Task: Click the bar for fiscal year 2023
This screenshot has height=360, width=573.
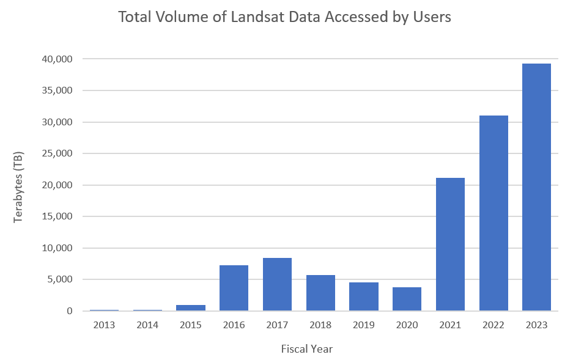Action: click(536, 187)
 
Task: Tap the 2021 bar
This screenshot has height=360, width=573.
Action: click(450, 244)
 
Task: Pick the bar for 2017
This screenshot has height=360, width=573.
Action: click(277, 284)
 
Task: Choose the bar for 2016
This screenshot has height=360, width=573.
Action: click(234, 288)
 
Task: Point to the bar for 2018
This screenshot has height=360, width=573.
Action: click(320, 293)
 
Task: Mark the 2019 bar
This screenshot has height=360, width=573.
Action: click(364, 296)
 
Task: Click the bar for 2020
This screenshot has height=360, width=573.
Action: click(407, 299)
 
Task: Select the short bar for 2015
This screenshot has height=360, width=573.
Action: click(191, 307)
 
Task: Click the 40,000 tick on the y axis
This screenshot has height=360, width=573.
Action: click(57, 59)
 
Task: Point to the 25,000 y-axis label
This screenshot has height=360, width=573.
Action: click(57, 153)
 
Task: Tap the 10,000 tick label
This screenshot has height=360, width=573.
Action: click(57, 248)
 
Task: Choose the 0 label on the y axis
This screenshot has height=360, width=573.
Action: click(69, 311)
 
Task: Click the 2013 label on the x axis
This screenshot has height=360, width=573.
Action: click(104, 325)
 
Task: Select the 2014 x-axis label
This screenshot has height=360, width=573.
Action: click(147, 325)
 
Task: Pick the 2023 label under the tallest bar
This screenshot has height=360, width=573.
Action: click(536, 325)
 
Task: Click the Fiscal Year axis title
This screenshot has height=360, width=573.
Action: click(306, 349)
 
